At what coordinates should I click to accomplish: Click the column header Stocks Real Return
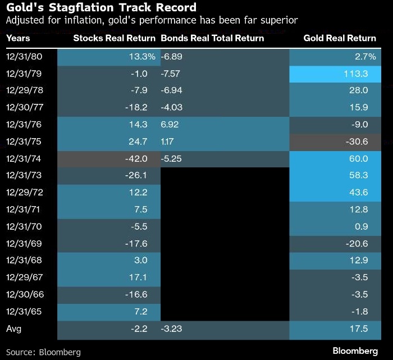115,38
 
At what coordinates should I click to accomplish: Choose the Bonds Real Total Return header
212,38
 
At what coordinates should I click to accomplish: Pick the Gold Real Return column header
340,38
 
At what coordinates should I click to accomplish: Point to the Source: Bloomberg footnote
43,352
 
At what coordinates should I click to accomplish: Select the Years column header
18,38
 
